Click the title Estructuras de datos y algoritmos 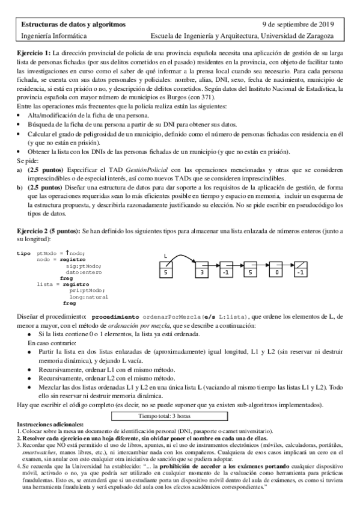coord(74,25)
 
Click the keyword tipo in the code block coord(23,253)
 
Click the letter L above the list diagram coord(166,257)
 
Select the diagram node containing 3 coord(203,272)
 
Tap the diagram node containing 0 coord(276,272)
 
